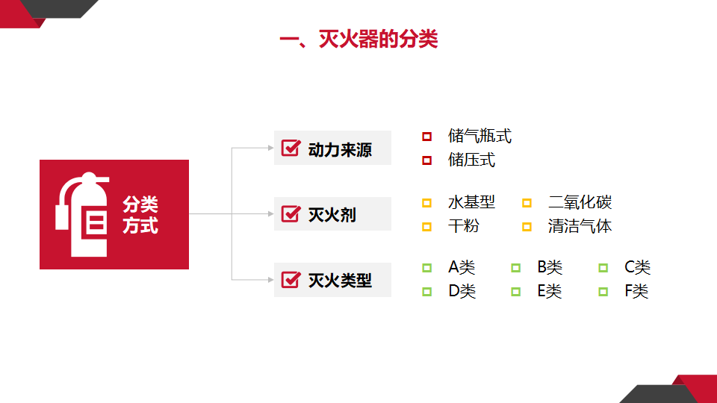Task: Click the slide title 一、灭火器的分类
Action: (x=358, y=39)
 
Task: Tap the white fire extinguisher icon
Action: (x=82, y=214)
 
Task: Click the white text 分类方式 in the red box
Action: (x=140, y=215)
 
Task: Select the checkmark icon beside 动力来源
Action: (x=291, y=148)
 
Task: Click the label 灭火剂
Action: (x=332, y=214)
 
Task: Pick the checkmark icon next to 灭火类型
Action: (x=291, y=280)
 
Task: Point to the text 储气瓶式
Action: (x=479, y=136)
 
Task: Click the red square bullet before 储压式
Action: (x=426, y=160)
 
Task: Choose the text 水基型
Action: (x=471, y=202)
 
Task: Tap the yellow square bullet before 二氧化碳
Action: (x=527, y=203)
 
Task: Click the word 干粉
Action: (x=464, y=226)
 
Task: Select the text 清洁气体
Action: (x=580, y=226)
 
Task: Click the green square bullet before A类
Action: (x=426, y=268)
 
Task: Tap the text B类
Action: (x=550, y=267)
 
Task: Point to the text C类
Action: (x=637, y=267)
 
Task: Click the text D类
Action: (x=462, y=291)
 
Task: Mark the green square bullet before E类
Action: (x=516, y=292)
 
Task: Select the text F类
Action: (x=636, y=291)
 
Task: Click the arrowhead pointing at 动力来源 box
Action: (x=270, y=148)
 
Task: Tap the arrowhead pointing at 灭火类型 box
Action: (x=270, y=280)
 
